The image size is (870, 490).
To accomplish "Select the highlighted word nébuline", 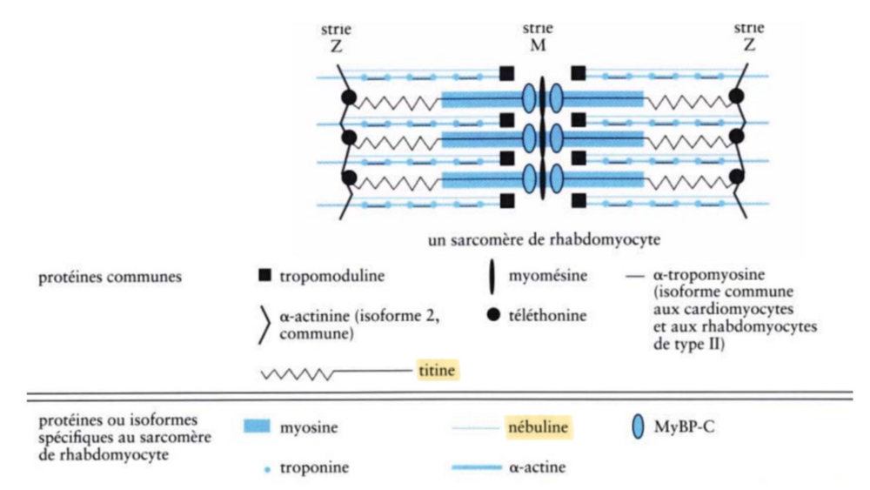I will coord(539,428).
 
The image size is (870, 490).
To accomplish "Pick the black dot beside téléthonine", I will coord(492,311).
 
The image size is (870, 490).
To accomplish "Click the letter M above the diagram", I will coord(539,44).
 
